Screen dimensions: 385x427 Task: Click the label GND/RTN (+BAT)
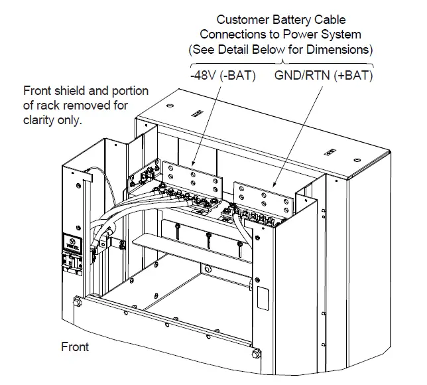(x=324, y=75)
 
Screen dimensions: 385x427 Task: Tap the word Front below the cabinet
(x=75, y=346)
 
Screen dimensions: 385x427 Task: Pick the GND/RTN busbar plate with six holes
(x=270, y=200)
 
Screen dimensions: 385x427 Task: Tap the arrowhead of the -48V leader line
(x=192, y=164)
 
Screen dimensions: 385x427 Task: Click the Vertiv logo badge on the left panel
(x=72, y=242)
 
